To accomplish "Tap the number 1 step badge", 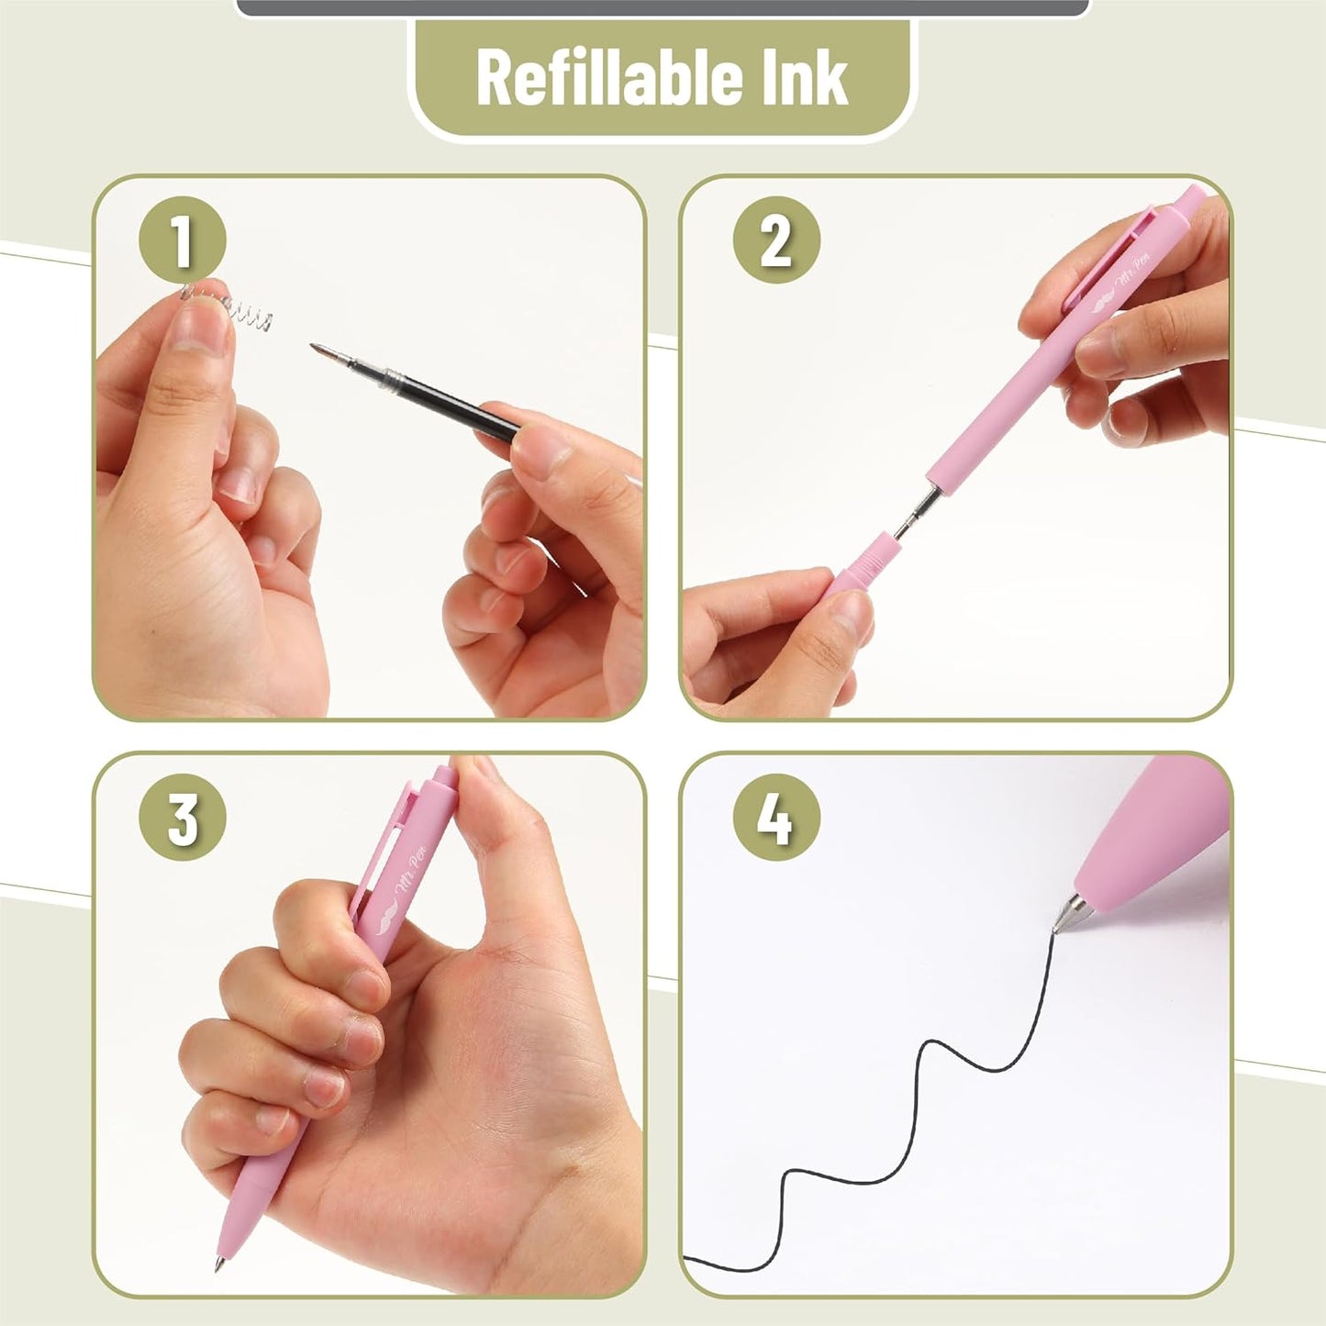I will pyautogui.click(x=182, y=240).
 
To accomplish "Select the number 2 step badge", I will pyautogui.click(x=775, y=240).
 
